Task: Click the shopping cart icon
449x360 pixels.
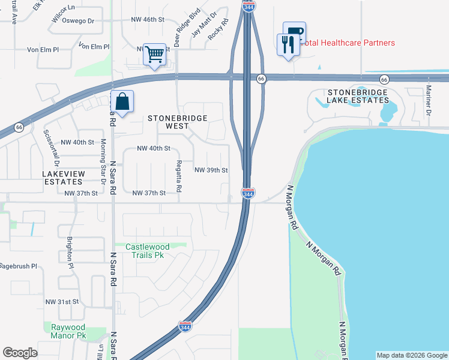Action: click(155, 55)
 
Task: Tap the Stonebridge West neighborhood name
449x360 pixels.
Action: click(178, 122)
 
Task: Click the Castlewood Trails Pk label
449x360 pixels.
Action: click(148, 250)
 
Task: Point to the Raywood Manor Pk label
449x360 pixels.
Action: click(65, 331)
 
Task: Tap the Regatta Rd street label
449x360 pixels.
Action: click(179, 176)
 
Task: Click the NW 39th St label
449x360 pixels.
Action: click(211, 170)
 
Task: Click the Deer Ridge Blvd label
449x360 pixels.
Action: click(187, 23)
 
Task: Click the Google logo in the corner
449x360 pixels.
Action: click(20, 353)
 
